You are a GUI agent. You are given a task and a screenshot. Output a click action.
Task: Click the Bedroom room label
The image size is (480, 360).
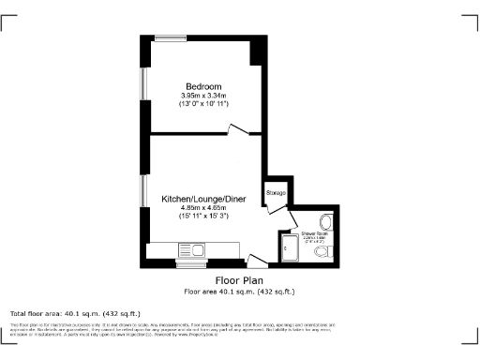click(x=202, y=87)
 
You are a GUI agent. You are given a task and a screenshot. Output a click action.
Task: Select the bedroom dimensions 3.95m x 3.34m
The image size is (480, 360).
click(x=202, y=96)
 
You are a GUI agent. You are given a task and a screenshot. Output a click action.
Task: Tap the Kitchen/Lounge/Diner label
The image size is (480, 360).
click(x=202, y=200)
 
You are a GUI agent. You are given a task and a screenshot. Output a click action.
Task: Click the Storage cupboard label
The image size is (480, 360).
click(x=275, y=192)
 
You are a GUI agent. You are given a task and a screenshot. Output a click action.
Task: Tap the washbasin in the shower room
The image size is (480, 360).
click(x=325, y=222)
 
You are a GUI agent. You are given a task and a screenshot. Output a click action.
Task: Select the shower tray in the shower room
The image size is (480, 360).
click(x=289, y=247)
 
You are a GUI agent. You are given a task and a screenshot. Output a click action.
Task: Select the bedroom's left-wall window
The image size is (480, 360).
click(x=142, y=82)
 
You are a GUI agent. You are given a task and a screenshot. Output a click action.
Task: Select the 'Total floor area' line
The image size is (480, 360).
click(x=75, y=312)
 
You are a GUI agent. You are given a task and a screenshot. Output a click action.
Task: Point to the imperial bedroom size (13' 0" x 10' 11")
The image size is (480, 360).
click(x=202, y=103)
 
